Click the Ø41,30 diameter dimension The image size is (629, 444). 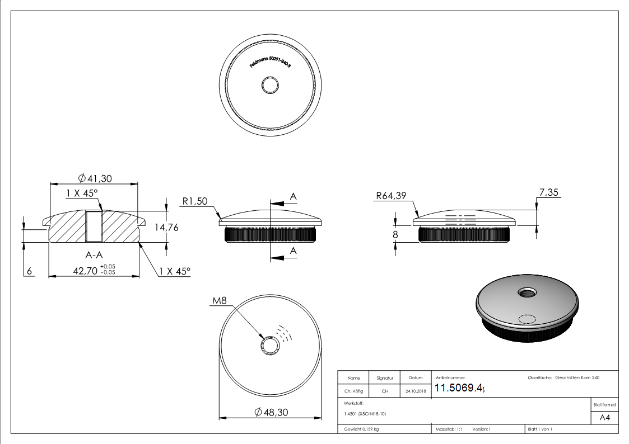[95, 178]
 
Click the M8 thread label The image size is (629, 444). [220, 301]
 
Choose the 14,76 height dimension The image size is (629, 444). [167, 228]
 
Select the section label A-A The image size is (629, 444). [94, 255]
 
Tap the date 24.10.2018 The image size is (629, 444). [415, 391]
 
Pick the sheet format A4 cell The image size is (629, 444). [605, 418]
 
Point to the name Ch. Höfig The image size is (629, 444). [353, 391]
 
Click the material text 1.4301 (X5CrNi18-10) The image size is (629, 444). [365, 414]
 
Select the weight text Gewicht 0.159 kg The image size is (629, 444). [361, 429]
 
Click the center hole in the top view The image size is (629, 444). [271, 86]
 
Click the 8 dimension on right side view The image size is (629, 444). [395, 235]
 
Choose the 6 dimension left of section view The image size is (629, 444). [29, 271]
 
